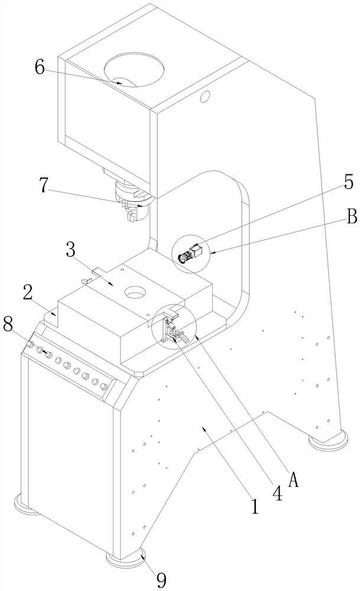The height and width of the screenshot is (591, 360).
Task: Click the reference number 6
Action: coord(40,67)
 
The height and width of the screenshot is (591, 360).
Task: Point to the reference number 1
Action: coord(255,506)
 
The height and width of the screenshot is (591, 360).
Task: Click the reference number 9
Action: coord(161,580)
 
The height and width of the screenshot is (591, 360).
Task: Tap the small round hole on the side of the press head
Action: coord(205,96)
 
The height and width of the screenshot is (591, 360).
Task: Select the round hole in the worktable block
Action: coord(135,292)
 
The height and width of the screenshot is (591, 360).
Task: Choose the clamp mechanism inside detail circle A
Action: coord(174,329)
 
